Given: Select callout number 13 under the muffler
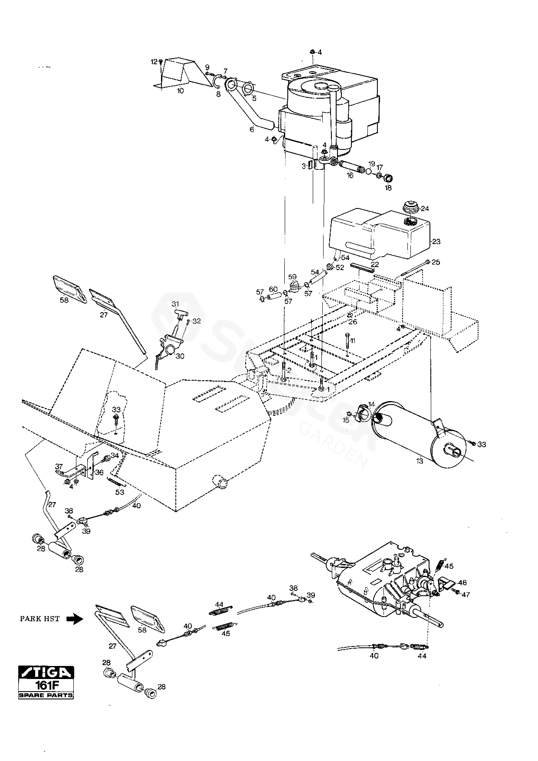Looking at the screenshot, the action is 420,461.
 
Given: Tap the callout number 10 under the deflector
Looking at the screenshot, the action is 180,90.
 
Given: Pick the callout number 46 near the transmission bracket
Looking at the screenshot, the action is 462,582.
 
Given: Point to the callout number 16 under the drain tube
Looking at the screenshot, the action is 350,175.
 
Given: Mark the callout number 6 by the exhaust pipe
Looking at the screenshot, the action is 252,130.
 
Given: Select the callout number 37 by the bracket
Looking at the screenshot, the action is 59,467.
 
